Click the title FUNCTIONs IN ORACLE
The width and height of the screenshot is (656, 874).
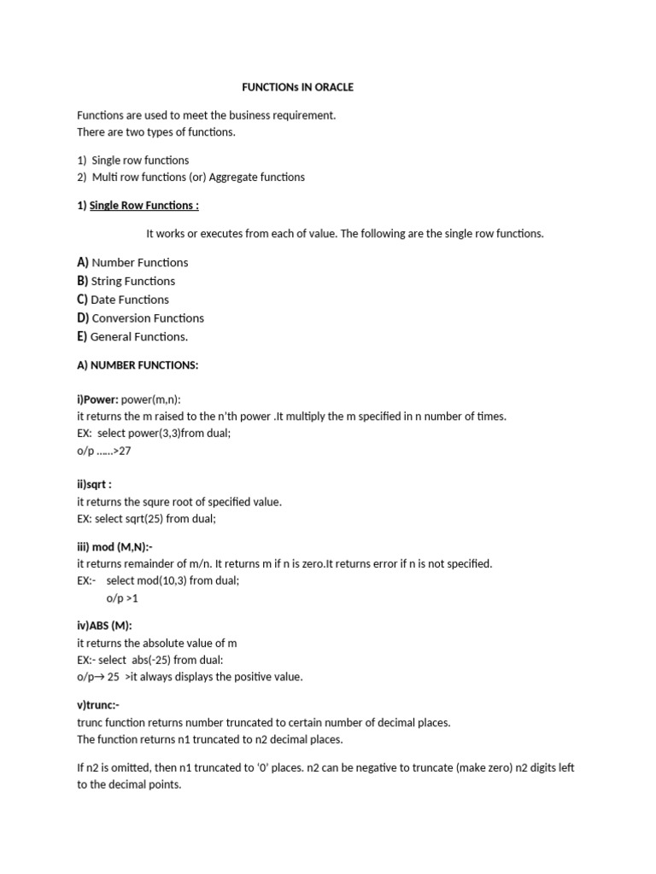298,87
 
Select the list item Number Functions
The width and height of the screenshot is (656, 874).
139,263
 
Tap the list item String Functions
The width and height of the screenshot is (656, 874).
132,282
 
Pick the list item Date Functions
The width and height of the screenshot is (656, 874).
130,300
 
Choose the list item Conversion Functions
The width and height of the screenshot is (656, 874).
148,318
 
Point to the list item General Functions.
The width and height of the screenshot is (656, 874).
138,337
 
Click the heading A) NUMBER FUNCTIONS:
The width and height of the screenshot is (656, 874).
138,365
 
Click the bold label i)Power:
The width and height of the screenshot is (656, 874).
97,399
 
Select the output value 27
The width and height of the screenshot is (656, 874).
125,451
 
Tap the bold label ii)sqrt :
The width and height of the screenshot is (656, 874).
94,485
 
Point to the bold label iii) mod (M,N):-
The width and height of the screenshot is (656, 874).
114,547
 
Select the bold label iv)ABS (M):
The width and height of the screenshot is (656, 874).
104,626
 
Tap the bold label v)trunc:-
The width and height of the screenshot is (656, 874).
98,705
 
